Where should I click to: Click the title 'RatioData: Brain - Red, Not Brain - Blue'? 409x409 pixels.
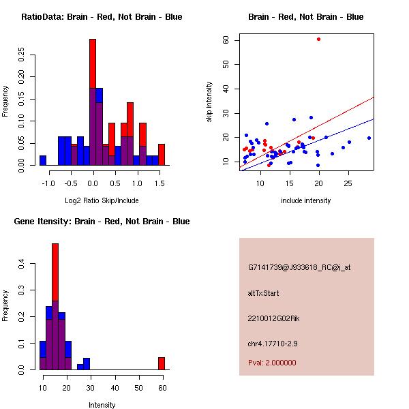coord(102,17)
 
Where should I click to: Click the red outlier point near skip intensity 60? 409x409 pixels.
coord(318,39)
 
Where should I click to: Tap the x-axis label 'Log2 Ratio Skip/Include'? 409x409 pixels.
coord(102,200)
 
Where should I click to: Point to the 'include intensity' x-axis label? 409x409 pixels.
coord(305,200)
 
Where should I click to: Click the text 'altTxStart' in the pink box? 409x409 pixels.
coord(263,293)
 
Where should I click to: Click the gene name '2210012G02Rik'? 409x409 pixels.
coord(271,318)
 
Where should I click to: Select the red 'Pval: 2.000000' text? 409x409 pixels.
coord(272,363)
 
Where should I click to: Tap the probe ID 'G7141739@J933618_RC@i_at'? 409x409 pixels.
coord(299,268)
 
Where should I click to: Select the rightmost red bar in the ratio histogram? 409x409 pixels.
coord(162,154)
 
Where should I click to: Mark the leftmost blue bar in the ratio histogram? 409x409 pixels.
coord(43,160)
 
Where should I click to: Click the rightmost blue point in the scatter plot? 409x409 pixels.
coord(369,138)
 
